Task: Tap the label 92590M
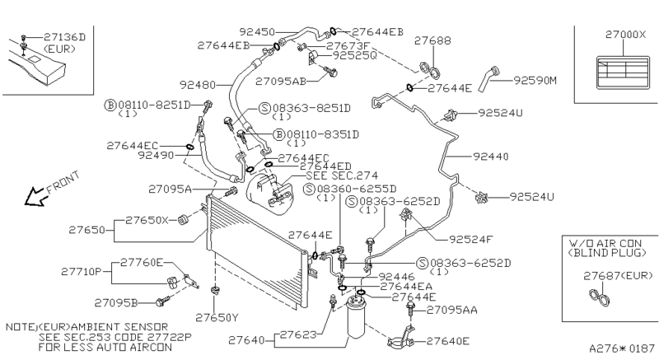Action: click(535, 80)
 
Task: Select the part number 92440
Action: click(493, 155)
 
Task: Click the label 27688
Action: click(431, 40)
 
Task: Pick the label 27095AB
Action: click(281, 81)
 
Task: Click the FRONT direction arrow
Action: click(35, 196)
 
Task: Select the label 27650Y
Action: click(215, 317)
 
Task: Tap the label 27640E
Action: click(449, 340)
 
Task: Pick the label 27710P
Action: click(81, 270)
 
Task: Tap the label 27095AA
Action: click(453, 311)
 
